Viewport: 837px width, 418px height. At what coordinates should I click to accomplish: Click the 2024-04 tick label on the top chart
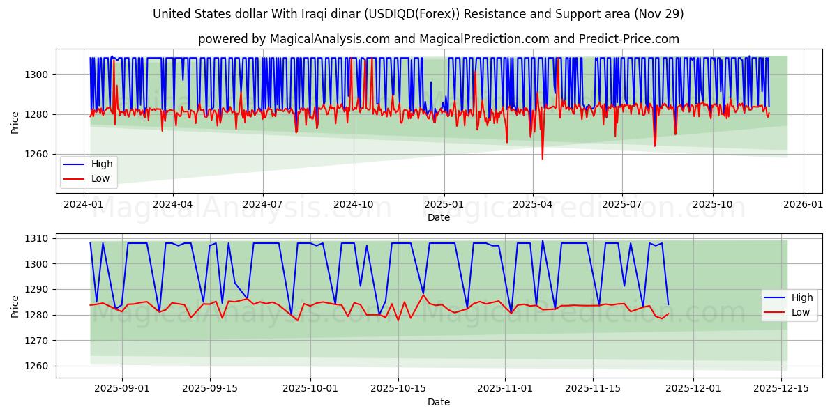[x=172, y=204]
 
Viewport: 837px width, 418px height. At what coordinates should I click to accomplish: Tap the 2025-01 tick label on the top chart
[x=444, y=204]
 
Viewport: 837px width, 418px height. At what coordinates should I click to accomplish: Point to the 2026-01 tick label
[x=803, y=204]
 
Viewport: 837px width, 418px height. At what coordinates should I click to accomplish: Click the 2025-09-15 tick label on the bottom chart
[x=210, y=388]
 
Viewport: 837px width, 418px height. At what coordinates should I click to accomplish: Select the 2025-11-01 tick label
[x=504, y=388]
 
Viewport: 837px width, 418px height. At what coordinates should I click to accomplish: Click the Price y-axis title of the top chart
[x=15, y=122]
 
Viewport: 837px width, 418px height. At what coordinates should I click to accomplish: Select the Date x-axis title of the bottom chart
[x=439, y=402]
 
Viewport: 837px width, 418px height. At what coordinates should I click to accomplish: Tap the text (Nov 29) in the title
[x=659, y=14]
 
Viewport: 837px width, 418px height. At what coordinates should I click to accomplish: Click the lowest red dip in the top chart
[x=542, y=159]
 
